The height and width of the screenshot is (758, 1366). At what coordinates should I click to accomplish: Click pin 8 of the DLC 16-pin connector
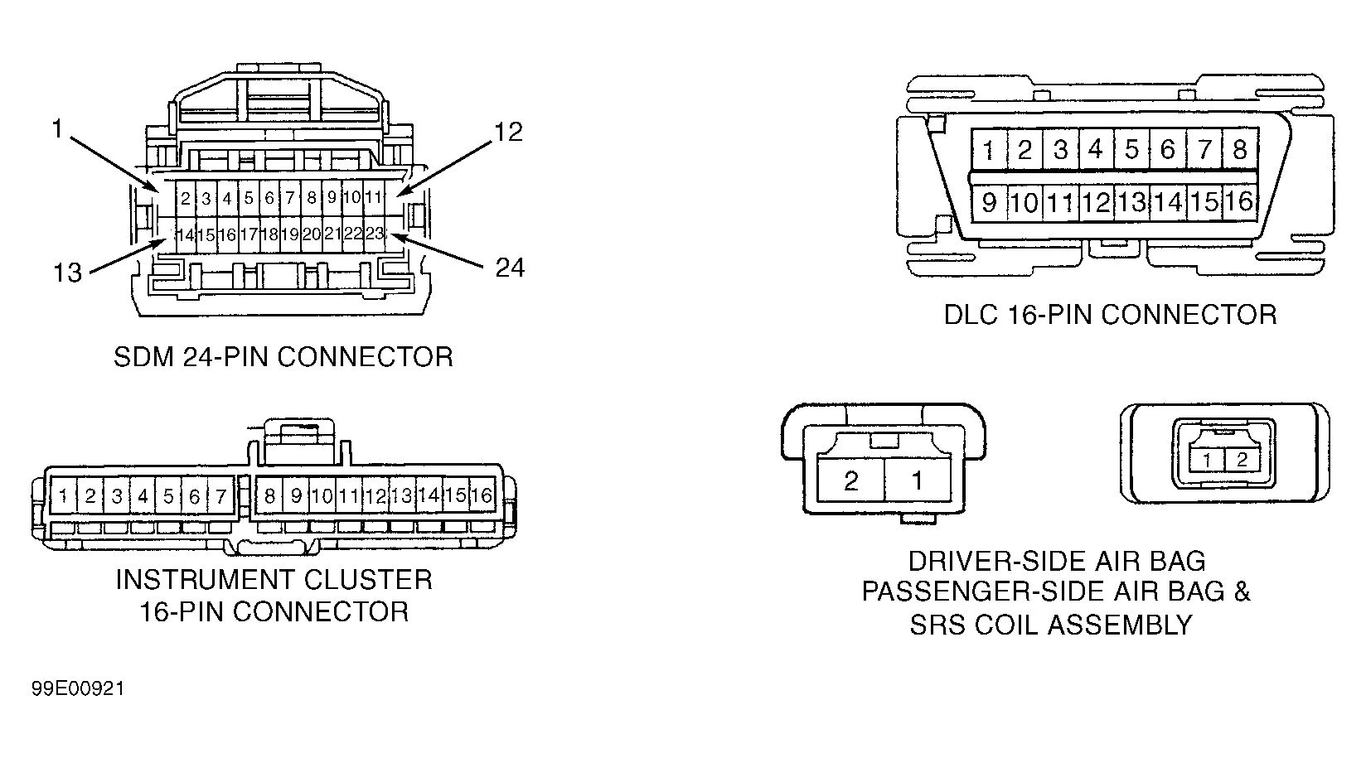coord(1239,149)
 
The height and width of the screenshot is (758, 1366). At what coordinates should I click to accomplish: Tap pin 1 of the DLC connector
coord(989,149)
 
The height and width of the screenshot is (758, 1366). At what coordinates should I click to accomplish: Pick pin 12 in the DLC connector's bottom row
coord(1097,202)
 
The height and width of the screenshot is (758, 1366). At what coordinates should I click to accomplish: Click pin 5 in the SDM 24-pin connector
coord(248,198)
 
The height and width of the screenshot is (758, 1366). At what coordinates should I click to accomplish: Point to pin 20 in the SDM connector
coord(311,234)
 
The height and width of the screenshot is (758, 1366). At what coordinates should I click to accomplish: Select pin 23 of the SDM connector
coord(375,234)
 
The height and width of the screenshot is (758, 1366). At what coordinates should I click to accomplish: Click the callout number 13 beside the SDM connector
coord(68,273)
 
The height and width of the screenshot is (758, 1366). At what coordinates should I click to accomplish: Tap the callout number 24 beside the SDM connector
coord(510,268)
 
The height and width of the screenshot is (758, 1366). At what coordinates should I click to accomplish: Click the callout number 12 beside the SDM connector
coord(509,133)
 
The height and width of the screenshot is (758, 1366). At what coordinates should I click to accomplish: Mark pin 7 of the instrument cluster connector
coord(220,496)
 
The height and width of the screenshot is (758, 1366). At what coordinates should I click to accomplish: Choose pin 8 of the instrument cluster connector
coord(269,496)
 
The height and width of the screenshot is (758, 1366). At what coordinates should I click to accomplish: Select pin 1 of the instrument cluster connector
coord(64,496)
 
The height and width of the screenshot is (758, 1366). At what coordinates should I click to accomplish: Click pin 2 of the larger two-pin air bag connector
coord(850,480)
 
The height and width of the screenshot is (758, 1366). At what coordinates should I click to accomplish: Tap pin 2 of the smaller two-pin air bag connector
coord(1242,460)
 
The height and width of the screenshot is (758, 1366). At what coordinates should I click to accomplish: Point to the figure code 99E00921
coord(78,688)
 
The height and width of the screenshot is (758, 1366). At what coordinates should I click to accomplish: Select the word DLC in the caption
coord(971,315)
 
